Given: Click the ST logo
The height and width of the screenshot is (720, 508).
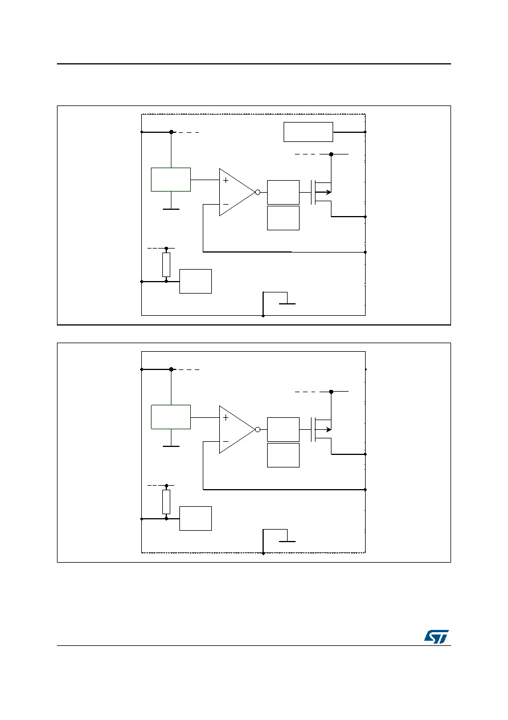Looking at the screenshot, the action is [436, 636].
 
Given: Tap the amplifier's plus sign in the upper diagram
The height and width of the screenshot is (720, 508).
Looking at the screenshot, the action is [226, 180].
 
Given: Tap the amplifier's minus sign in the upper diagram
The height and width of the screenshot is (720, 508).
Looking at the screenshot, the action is [226, 205].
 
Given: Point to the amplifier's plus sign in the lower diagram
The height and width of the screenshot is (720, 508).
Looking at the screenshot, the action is [226, 417].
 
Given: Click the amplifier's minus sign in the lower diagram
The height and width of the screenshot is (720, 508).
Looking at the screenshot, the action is [226, 442].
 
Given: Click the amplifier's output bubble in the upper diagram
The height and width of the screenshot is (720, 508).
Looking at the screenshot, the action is [257, 192].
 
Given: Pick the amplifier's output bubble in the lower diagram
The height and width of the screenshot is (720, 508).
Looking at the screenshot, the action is [257, 429].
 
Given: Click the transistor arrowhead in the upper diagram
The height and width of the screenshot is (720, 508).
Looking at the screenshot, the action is [329, 192].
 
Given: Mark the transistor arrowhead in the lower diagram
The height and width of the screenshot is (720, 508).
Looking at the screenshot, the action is [329, 429].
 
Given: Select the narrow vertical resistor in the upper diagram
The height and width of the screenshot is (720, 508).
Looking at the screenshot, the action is [166, 265].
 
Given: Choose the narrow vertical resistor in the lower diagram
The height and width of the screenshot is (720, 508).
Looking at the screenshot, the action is [166, 502].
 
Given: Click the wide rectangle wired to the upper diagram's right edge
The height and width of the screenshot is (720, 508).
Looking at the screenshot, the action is [308, 132].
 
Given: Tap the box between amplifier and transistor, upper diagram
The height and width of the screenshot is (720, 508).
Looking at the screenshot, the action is [283, 192].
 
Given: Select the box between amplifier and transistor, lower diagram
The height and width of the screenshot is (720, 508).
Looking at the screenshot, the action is [283, 429].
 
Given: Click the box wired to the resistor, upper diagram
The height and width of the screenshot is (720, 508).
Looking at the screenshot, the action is [195, 281].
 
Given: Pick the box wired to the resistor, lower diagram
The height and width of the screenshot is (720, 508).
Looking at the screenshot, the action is [195, 518].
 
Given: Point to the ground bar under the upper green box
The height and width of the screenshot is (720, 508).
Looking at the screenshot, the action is [171, 209].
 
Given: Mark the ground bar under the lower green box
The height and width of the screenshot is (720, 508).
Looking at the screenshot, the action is [171, 446].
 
